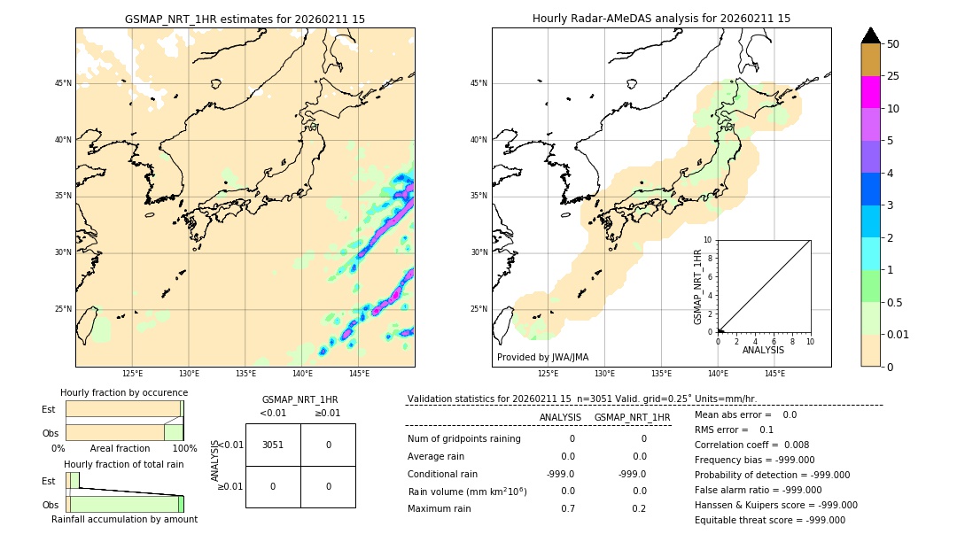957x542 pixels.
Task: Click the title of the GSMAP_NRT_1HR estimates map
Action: pos(245,19)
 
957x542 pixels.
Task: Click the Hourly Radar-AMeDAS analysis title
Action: pos(661,19)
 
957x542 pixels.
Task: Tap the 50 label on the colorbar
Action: pos(894,44)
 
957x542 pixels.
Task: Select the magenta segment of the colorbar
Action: pos(871,92)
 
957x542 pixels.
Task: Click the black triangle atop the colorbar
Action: pos(871,35)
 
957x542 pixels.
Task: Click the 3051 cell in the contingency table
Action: pos(273,445)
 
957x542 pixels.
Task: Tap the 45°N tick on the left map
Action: pos(63,83)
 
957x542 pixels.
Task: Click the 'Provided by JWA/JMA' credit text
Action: pos(542,358)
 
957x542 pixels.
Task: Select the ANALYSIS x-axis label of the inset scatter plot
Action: pos(763,351)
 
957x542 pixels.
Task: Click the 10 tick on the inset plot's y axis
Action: pos(708,240)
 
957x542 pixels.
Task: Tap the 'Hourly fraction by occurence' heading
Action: pos(124,392)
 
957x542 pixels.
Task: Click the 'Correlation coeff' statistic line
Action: pos(751,445)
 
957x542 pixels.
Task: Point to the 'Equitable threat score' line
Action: pos(769,521)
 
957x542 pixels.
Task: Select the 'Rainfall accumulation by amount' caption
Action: pos(124,520)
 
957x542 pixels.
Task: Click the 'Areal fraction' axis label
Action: pos(120,449)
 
